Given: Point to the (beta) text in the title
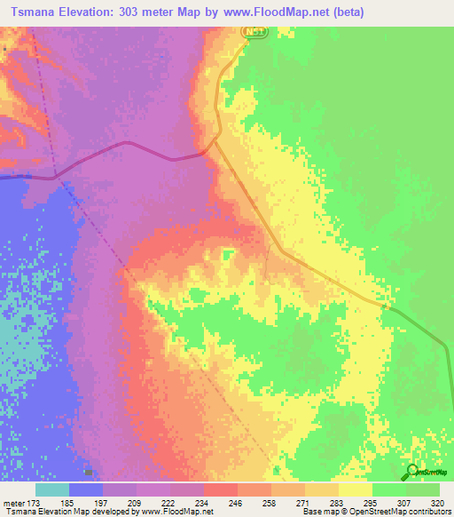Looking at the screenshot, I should point(345,12).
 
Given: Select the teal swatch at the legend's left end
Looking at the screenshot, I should point(52,489).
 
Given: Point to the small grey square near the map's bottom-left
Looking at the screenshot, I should point(88,473).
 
